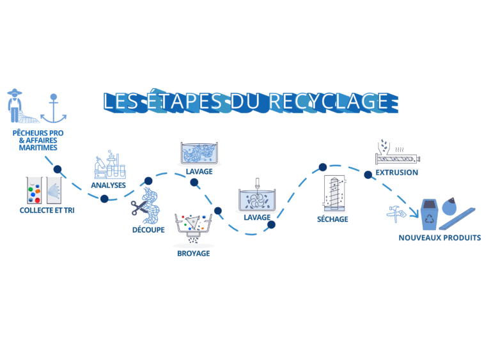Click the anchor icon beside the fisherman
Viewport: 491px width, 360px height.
pos(54,108)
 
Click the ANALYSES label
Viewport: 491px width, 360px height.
pos(109,185)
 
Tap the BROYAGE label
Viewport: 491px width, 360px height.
pos(193,253)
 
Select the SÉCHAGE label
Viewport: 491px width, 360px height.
pos(332,219)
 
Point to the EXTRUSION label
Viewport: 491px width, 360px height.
pos(396,172)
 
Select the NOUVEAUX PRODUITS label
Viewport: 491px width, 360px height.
pos(440,238)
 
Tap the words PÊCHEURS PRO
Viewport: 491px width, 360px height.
pos(38,132)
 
